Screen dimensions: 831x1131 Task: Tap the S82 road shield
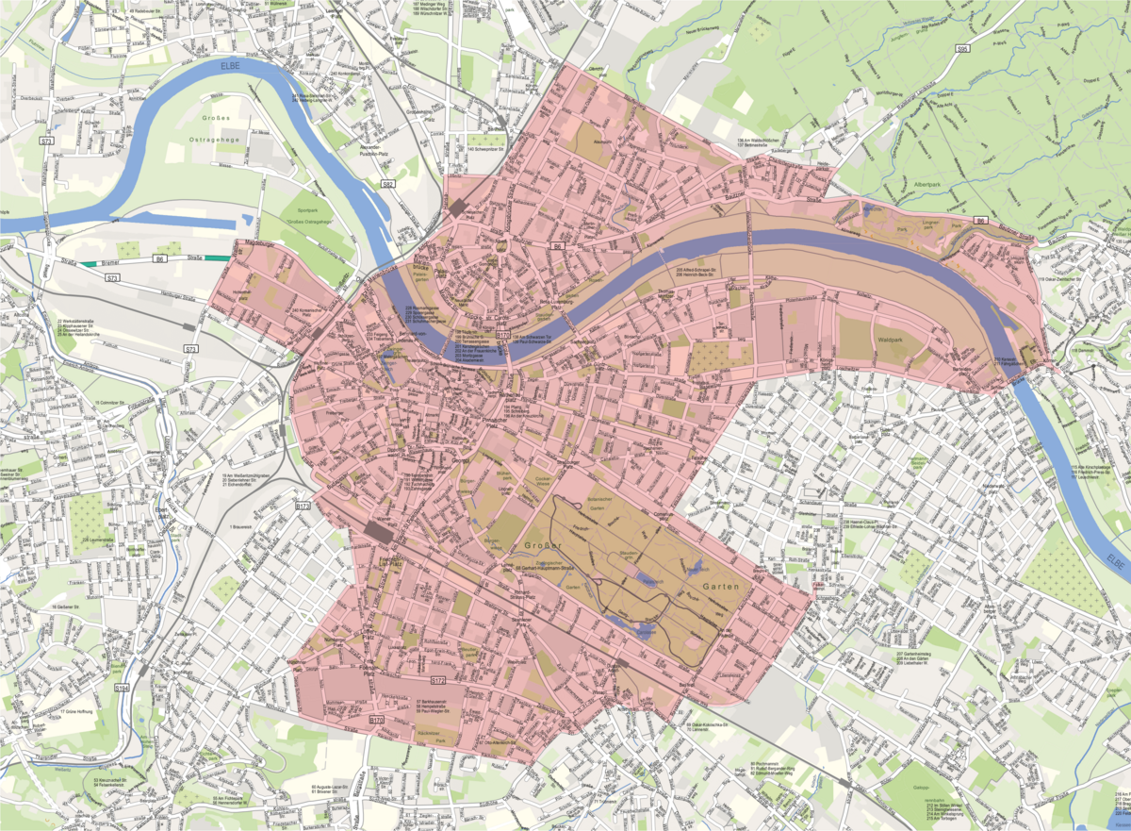(386, 185)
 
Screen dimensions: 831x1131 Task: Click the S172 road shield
(438, 679)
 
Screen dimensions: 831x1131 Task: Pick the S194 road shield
(121, 689)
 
